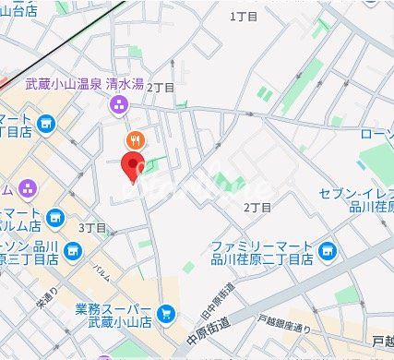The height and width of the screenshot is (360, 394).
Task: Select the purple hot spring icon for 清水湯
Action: point(118,105)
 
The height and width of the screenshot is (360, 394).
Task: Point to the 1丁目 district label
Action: point(244,16)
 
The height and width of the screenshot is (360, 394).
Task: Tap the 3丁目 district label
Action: point(92,226)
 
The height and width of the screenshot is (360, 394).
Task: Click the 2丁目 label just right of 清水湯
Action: point(161,87)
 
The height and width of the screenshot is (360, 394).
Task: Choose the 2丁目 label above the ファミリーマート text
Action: point(257,208)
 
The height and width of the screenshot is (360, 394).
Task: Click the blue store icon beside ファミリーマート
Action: point(326,250)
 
